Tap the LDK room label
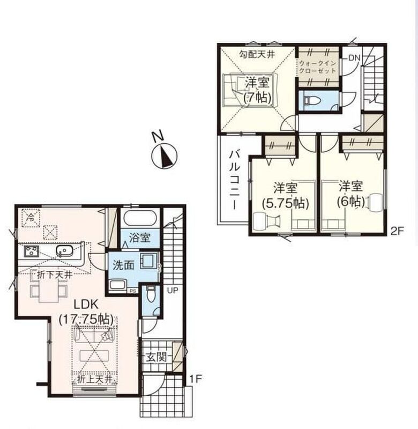tap(86, 304)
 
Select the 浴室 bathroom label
tap(140, 238)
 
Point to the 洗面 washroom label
tap(123, 265)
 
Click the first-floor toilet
tap(150, 294)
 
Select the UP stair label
tap(173, 290)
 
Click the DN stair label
tap(354, 58)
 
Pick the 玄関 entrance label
tap(156, 357)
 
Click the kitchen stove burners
tap(32, 251)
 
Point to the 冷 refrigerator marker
tap(31, 218)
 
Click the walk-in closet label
tap(317, 66)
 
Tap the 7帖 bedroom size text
tap(257, 98)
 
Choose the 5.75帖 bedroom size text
tap(286, 203)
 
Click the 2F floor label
tap(397, 232)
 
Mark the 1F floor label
tap(196, 379)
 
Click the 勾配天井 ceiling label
tap(257, 55)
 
